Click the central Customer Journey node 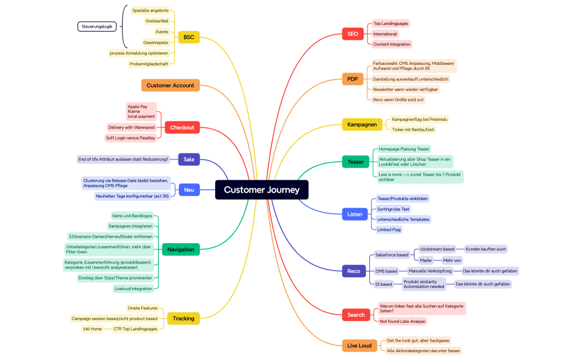(262, 190)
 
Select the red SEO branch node (353, 34)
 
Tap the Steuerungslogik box (97, 27)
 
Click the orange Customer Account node (170, 85)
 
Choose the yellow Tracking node (183, 318)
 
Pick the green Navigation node (181, 250)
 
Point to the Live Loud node (359, 346)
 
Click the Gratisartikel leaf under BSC (157, 21)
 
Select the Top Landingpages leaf (391, 23)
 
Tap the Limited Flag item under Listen (389, 229)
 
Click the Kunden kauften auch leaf (486, 249)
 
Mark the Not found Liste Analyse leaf (402, 321)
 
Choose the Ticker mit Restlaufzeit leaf (413, 130)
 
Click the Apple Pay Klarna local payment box (141, 111)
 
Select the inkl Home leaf (93, 329)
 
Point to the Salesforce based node (391, 255)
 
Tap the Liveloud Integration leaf (133, 289)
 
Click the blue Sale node (189, 160)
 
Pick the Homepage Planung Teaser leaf (404, 149)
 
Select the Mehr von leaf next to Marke (452, 260)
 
